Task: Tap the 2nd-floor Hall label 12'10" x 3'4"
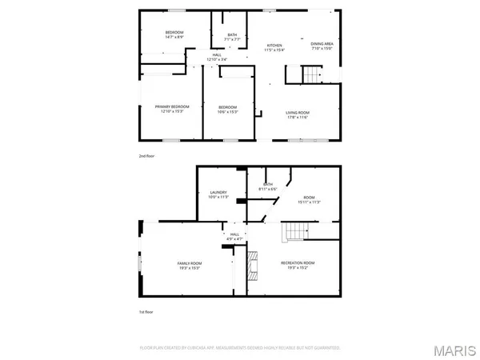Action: pyautogui.click(x=217, y=57)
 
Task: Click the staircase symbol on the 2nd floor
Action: pyautogui.click(x=310, y=75)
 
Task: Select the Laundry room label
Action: pyautogui.click(x=218, y=194)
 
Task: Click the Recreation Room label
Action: pyautogui.click(x=298, y=265)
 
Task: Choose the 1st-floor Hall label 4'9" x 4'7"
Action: pyautogui.click(x=234, y=237)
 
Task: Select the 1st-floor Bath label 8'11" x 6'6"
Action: pyautogui.click(x=266, y=186)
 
